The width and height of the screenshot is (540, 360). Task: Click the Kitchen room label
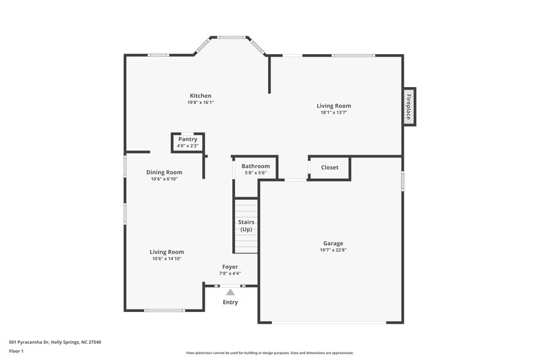200,96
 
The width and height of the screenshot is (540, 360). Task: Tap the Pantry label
188,139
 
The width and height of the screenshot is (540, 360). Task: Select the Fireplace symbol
409,106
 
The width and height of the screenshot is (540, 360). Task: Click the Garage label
333,243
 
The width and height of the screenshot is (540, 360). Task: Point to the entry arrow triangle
230,292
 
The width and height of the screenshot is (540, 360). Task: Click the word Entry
230,302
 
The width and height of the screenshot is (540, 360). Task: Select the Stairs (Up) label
246,226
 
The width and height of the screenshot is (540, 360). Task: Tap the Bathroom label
256,166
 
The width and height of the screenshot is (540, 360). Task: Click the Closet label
329,168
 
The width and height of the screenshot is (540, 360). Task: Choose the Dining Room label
165,172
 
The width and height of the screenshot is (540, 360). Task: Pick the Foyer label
230,267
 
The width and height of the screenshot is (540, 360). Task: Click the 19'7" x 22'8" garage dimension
333,250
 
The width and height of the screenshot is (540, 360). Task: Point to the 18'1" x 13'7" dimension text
334,113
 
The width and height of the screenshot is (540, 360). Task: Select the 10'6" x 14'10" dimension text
167,259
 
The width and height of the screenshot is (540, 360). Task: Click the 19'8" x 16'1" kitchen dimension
200,103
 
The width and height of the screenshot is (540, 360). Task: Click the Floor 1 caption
17,352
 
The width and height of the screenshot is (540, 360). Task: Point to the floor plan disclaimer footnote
269,353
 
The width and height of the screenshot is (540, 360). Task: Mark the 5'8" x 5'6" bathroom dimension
256,173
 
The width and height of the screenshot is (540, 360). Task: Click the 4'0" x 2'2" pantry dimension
188,146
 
